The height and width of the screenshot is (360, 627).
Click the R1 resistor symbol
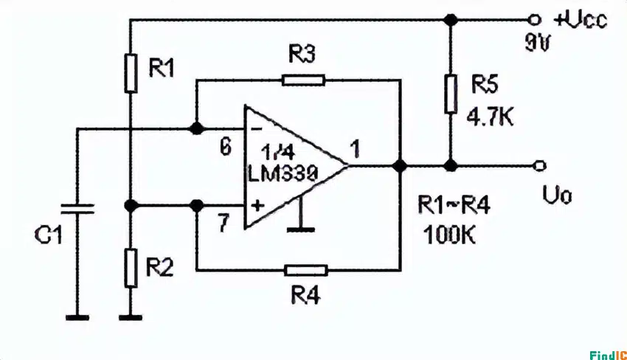pos(130,72)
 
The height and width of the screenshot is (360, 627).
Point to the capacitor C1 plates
pos(76,207)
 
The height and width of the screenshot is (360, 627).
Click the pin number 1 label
pos(356,150)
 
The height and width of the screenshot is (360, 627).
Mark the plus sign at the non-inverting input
pos(257,206)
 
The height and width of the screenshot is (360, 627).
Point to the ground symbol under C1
pos(76,317)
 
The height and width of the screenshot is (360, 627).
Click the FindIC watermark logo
pos(607,355)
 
